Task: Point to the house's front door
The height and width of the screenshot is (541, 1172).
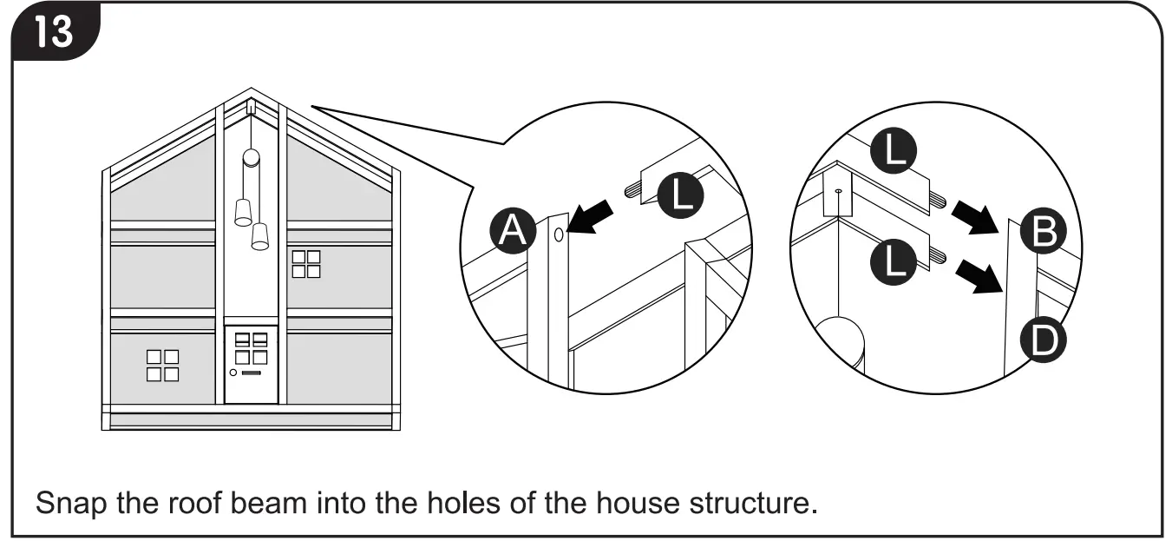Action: pos(252,365)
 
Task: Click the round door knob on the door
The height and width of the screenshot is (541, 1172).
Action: pos(233,372)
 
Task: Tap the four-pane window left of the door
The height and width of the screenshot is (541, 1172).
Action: pos(162,366)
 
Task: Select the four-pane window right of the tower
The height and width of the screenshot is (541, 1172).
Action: pos(306,264)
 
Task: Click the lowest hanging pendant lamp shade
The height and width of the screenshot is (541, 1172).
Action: pos(259,237)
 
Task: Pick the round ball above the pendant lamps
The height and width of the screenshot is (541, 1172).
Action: pos(250,157)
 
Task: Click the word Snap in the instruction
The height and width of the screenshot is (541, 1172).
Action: pos(63,503)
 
